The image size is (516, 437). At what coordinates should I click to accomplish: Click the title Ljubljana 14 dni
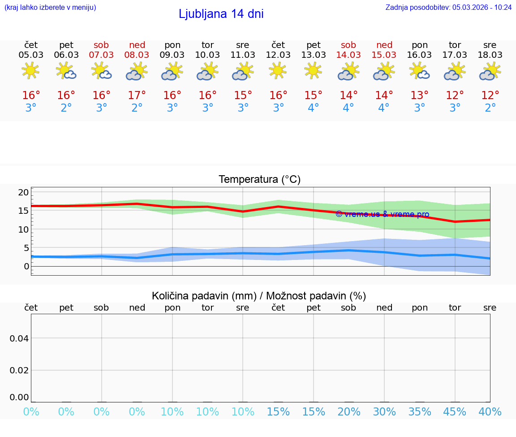pos(221,14)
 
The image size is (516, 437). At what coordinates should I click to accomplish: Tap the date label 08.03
pos(137,55)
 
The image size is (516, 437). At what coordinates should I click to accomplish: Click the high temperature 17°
pos(137,95)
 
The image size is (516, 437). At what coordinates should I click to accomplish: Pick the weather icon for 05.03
pos(30,71)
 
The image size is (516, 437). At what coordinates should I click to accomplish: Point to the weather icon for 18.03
pos(490,71)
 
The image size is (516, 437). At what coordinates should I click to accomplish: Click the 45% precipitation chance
pos(455,412)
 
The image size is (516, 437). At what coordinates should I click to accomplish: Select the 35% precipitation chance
pos(420,412)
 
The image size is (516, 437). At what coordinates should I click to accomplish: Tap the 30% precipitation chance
pos(384,412)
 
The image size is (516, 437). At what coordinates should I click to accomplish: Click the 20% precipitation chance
pos(349,412)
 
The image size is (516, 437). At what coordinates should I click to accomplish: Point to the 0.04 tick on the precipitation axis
pos(19,338)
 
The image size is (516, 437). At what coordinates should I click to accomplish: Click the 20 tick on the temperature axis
pos(23,192)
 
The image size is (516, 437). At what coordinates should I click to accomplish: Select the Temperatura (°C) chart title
pos(259,180)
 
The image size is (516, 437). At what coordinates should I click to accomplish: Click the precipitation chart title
pos(259,296)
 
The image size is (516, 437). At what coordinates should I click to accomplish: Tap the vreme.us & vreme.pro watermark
pos(383,214)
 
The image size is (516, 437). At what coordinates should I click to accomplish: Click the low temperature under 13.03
pos(313,108)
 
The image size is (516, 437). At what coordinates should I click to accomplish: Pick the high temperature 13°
pos(420,95)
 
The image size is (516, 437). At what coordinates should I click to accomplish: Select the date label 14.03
pos(348,55)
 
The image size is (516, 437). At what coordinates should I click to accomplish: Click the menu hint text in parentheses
pos(50,7)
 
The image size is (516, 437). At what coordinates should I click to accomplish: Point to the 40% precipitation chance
pos(490,412)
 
